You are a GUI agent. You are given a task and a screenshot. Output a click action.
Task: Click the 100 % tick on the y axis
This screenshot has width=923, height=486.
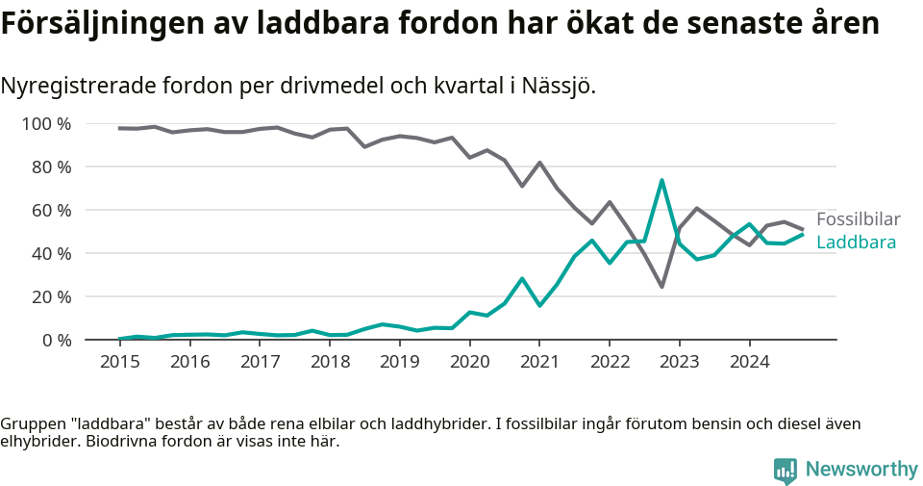46,124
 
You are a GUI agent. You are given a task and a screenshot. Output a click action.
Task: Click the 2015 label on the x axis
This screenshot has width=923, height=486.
120,363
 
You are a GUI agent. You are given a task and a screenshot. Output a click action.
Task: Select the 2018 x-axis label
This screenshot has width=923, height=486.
330,363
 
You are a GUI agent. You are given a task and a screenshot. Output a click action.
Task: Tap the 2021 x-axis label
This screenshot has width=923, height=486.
539,363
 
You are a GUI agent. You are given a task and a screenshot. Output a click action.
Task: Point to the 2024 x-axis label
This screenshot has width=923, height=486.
749,363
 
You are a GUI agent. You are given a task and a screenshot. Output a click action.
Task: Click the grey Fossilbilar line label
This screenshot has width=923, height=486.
858,219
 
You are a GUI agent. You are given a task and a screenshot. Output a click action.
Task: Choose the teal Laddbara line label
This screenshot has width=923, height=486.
856,243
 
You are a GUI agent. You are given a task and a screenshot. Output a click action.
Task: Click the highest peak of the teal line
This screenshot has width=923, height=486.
661,180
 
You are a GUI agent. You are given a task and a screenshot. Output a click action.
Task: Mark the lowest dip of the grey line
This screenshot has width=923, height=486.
661,286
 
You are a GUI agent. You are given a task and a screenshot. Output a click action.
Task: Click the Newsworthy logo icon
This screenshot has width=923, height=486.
785,470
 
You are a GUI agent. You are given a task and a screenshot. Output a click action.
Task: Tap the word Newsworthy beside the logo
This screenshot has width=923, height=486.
861,470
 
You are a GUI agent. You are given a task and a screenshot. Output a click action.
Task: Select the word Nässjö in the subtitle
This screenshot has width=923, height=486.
558,86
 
